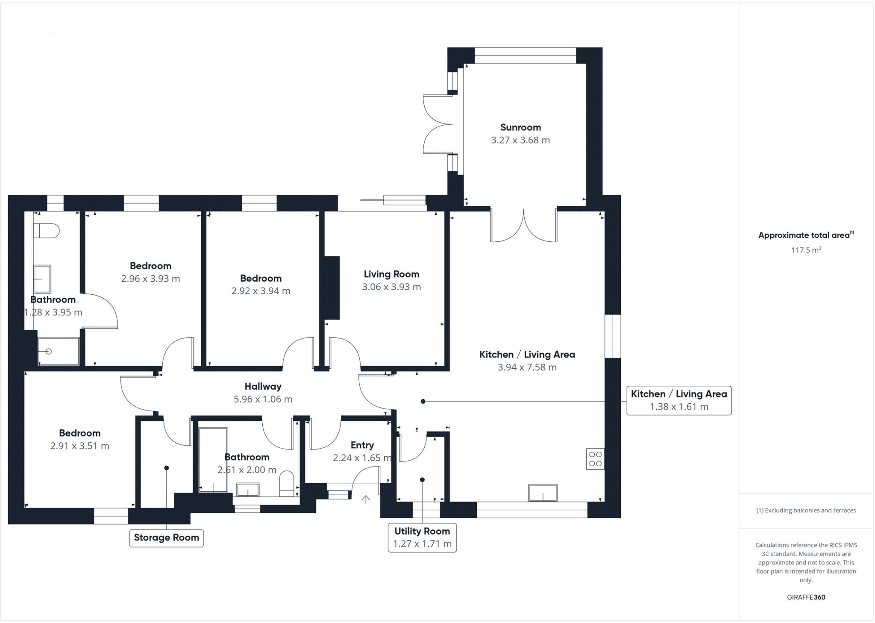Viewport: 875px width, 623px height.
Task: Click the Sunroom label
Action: click(x=520, y=127)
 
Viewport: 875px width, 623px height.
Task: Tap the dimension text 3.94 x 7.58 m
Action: click(x=527, y=367)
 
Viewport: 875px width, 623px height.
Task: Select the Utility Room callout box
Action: click(x=422, y=538)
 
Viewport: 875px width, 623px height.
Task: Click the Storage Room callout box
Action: click(x=166, y=538)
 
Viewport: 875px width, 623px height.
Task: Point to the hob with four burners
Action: click(x=595, y=459)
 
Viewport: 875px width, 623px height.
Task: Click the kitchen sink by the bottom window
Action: click(x=543, y=493)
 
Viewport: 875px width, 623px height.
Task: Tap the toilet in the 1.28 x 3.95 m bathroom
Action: click(x=46, y=231)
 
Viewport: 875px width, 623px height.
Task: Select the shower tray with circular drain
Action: click(x=59, y=351)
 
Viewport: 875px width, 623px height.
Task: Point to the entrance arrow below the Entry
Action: click(x=366, y=499)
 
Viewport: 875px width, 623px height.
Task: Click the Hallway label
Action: click(x=263, y=386)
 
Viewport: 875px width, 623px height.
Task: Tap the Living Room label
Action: click(x=391, y=274)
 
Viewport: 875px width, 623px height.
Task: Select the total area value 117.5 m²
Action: click(x=806, y=250)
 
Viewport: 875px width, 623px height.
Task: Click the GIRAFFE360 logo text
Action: click(x=806, y=597)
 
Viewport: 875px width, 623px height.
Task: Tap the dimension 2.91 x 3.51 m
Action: click(x=80, y=446)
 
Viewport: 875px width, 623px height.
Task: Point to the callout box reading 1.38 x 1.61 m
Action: click(x=679, y=400)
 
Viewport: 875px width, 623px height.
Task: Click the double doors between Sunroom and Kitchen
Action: click(x=524, y=225)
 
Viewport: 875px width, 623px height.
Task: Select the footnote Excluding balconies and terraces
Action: click(x=806, y=510)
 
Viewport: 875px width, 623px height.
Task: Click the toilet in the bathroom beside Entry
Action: click(x=287, y=484)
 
